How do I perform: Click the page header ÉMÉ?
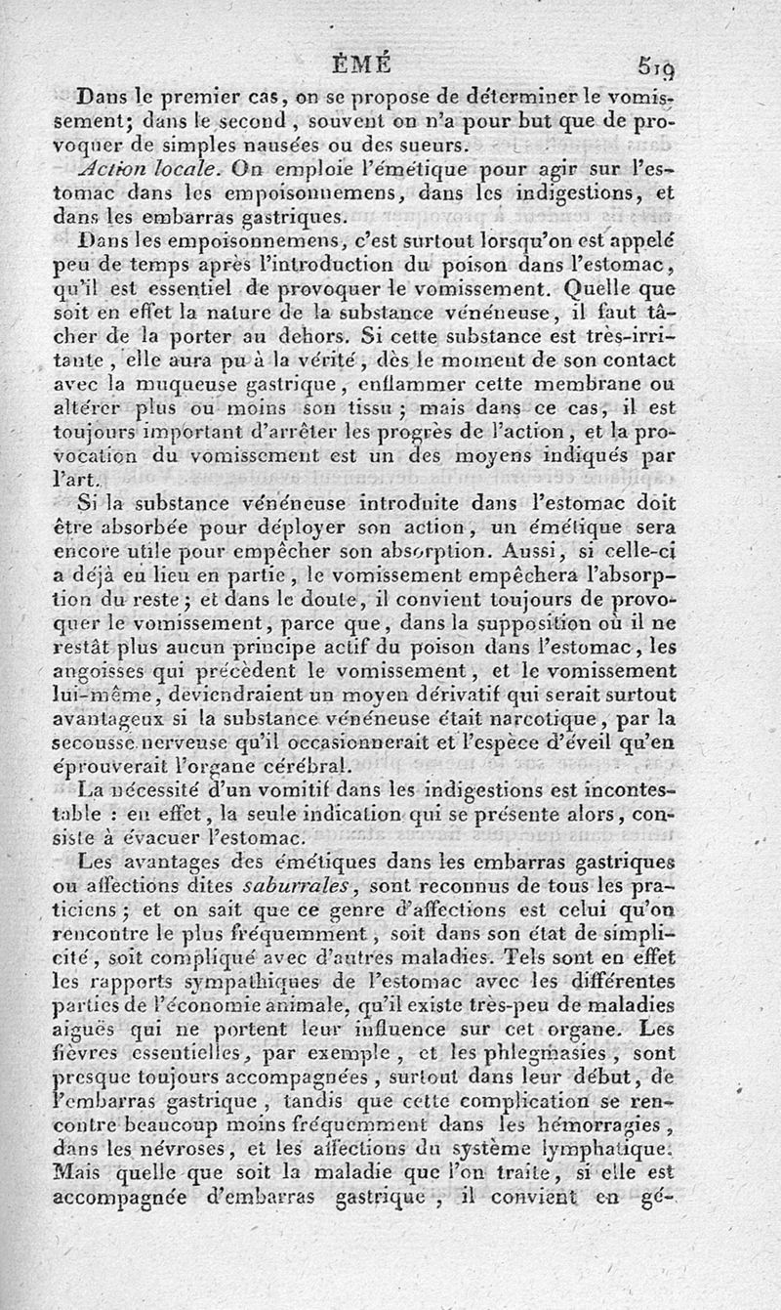[362, 65]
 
